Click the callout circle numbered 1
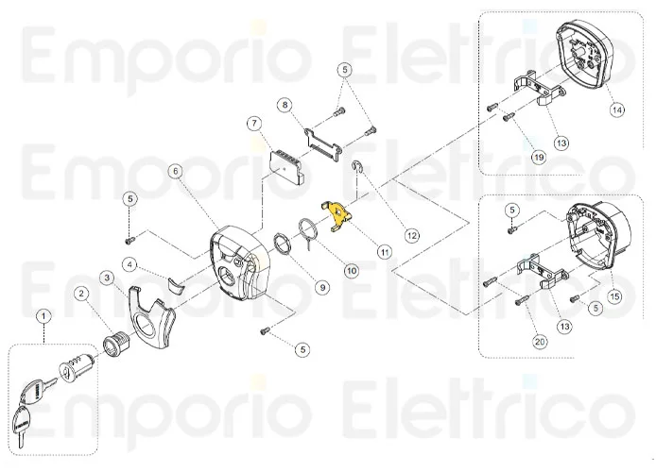(43, 313)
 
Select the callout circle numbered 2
(82, 294)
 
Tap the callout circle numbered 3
(108, 277)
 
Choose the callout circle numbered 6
(176, 171)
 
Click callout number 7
(253, 123)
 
